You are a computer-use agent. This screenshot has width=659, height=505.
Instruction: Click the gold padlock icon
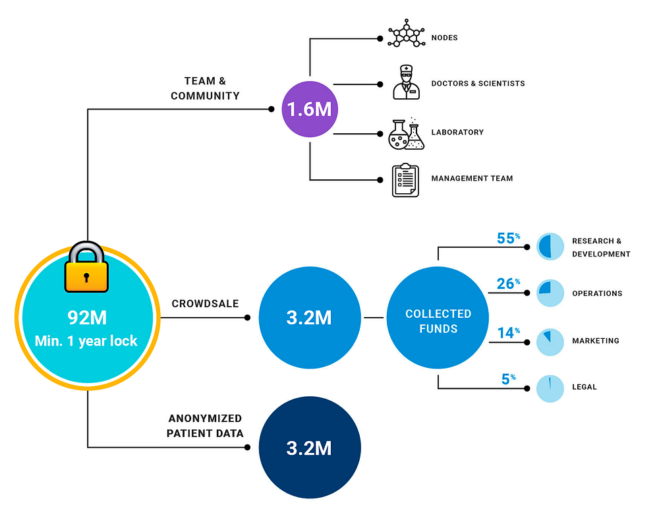click(86, 267)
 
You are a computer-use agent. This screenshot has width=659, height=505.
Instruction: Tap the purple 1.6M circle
click(310, 109)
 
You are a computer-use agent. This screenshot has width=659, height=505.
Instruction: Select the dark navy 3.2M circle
click(310, 448)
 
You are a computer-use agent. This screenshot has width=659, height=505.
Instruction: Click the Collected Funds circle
click(438, 318)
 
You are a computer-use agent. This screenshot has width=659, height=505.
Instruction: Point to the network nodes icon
click(406, 34)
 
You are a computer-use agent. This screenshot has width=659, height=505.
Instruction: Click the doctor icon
click(406, 82)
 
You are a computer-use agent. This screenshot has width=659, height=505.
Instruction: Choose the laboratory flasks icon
click(406, 134)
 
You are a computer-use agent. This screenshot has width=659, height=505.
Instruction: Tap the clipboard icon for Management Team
click(405, 181)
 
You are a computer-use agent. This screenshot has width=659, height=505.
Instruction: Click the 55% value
click(508, 239)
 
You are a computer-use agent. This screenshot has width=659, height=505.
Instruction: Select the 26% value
click(508, 284)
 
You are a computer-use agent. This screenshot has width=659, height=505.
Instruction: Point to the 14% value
click(509, 333)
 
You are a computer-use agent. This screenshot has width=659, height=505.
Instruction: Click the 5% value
click(509, 379)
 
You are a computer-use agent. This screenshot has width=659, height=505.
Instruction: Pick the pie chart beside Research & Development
click(550, 247)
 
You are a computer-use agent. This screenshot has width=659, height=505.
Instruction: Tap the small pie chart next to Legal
click(550, 388)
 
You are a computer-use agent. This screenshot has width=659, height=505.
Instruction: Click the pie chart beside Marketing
click(550, 342)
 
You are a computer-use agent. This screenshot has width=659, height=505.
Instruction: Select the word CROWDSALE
click(205, 303)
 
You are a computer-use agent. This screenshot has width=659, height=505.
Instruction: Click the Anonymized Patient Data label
click(205, 426)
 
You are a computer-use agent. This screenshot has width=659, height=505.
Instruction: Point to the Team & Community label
click(205, 88)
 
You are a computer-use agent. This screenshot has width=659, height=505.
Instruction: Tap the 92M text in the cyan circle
click(87, 318)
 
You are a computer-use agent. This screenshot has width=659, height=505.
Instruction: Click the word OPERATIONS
click(597, 293)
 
